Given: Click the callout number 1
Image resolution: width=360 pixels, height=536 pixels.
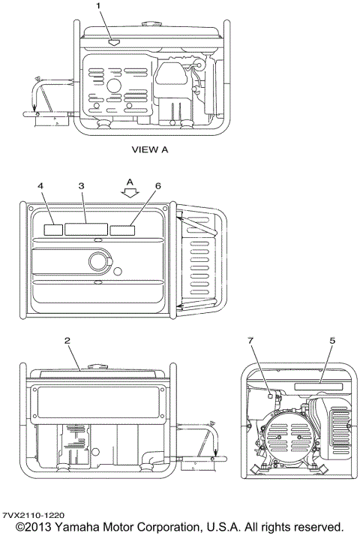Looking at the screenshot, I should [97, 6].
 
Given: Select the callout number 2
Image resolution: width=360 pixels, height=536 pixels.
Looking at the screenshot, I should [67, 341].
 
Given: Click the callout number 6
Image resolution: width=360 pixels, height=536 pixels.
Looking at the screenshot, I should [157, 185].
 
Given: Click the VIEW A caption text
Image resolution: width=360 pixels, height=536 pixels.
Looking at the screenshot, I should [150, 149].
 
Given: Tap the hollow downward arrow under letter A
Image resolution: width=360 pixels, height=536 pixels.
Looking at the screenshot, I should [131, 192].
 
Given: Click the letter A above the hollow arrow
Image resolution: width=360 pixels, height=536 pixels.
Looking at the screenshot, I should [130, 181].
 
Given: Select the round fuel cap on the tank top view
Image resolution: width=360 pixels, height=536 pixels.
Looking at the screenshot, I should [99, 260].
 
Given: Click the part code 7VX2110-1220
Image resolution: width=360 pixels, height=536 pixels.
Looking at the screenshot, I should [32, 515].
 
